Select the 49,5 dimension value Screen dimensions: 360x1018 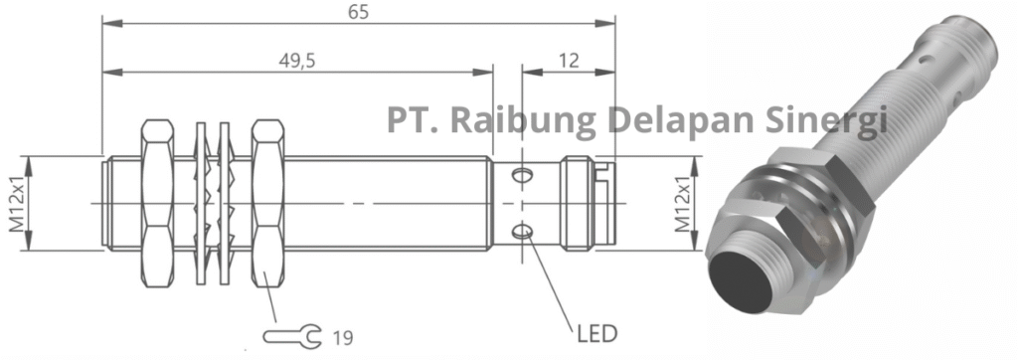(295, 62)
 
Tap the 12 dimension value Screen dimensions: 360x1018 (568, 62)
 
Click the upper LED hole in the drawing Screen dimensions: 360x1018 (521, 177)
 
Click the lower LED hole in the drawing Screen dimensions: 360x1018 (521, 233)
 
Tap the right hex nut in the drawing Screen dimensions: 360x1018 (268, 204)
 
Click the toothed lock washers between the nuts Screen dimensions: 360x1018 (214, 204)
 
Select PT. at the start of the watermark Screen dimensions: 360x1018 (412, 120)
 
